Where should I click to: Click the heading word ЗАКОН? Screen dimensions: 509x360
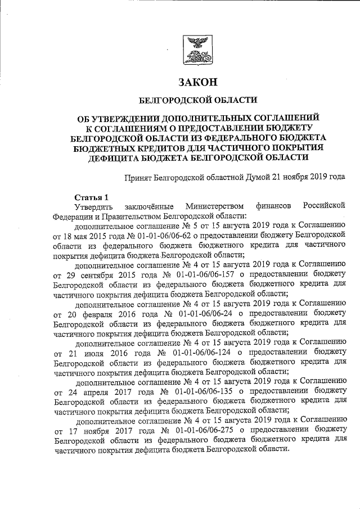point(197,82)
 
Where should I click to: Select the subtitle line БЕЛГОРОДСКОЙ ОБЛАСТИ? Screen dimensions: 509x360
point(197,101)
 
